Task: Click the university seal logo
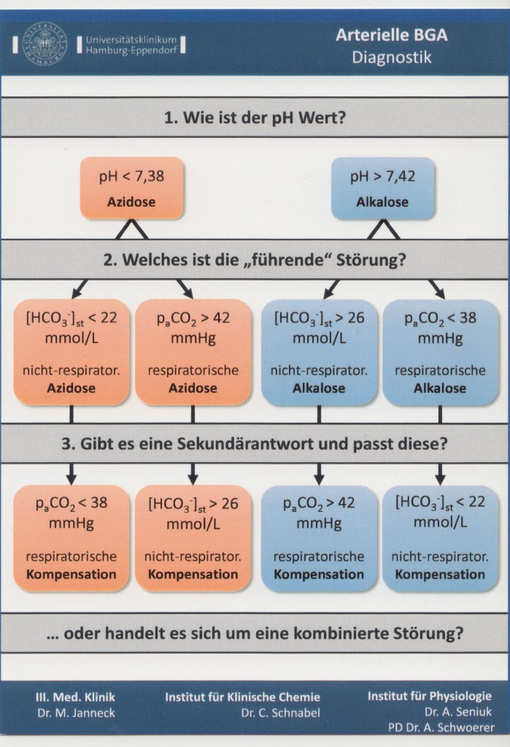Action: (45, 44)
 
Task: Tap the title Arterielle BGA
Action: (391, 35)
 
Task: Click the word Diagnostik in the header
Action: (391, 57)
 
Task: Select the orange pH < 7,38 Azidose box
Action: (131, 188)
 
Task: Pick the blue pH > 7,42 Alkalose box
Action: (382, 188)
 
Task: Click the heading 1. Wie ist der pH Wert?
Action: (255, 117)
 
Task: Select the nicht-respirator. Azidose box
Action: (72, 352)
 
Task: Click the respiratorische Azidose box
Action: (193, 352)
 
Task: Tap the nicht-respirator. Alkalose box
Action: (319, 352)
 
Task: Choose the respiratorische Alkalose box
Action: (441, 352)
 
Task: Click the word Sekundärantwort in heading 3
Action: (244, 444)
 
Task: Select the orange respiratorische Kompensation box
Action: (72, 538)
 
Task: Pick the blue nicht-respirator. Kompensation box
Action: (441, 538)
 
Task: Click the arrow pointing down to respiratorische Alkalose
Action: (436, 288)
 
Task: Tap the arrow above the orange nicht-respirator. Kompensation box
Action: (193, 473)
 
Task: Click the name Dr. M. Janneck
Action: (76, 713)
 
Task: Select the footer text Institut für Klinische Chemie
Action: (242, 697)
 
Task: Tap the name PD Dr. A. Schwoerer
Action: (441, 727)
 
